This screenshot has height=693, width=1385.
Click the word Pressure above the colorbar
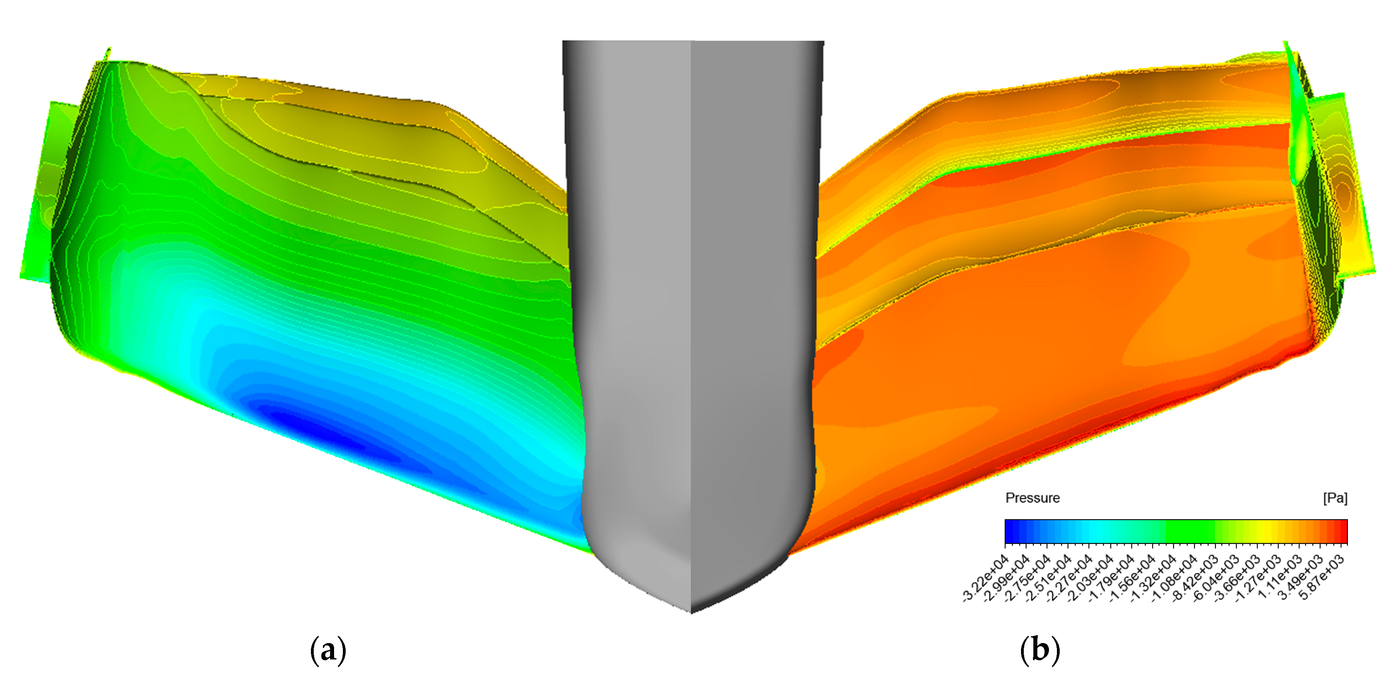[x=1032, y=498]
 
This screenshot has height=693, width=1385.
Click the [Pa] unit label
[x=1335, y=498]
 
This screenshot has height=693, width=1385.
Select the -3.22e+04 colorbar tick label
[x=985, y=578]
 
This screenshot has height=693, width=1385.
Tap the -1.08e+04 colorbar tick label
[x=1174, y=578]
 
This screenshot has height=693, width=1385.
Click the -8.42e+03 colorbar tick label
[x=1195, y=578]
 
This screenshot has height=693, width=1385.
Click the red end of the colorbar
[x=1343, y=532]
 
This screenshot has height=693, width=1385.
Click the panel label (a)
[x=328, y=650]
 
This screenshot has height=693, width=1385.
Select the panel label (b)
[x=1039, y=650]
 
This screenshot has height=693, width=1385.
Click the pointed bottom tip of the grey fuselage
[x=691, y=610]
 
